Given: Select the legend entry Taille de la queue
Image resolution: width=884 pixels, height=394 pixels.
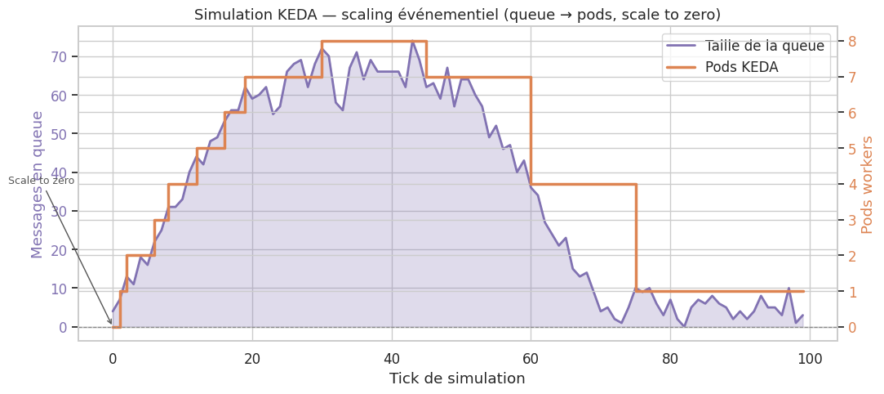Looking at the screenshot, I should coord(764,46).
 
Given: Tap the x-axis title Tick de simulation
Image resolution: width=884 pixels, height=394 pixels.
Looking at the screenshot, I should coord(457,378).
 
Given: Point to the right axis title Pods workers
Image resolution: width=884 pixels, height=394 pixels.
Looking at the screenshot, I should coord(867,185).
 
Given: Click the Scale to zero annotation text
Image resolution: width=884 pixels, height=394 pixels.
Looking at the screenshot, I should coord(41,181).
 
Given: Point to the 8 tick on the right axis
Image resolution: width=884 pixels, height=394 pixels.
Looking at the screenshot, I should coord(852,41).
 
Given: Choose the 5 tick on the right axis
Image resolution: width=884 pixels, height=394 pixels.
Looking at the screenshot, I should coord(852,149).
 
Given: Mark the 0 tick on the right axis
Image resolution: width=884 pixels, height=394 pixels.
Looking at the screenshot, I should coord(852,327).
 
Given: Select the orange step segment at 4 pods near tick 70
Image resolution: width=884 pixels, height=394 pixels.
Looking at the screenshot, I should coord(584,184).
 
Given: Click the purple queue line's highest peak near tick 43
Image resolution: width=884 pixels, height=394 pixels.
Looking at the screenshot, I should coord(413,41).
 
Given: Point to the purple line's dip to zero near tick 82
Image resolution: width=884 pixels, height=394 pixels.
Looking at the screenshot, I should coord(684,326).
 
